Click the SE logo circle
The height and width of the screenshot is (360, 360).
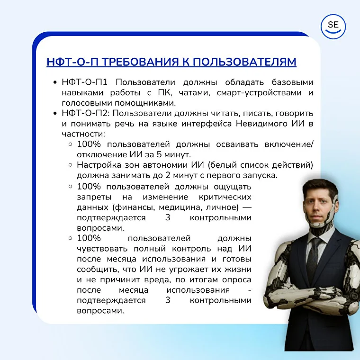333,27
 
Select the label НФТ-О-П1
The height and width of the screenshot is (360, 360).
87,82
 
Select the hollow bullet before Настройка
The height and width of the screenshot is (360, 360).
70,165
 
